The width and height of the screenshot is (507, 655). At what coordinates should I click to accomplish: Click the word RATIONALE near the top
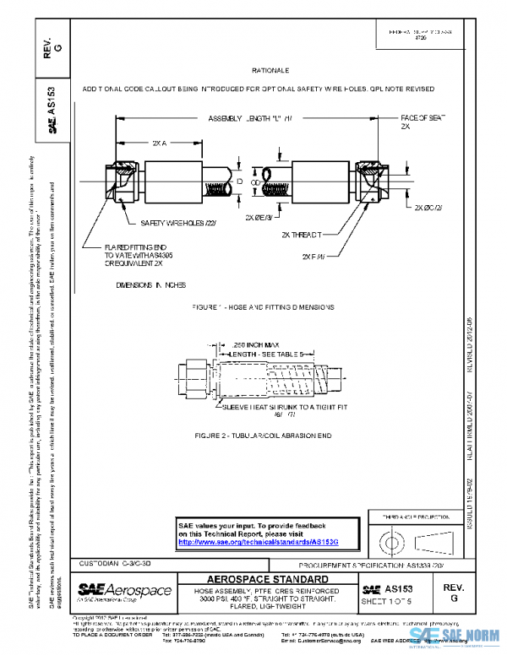tap(271, 71)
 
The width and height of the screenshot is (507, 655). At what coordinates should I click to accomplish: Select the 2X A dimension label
tap(159, 143)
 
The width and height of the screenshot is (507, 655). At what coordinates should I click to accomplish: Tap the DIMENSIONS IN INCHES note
tap(151, 285)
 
